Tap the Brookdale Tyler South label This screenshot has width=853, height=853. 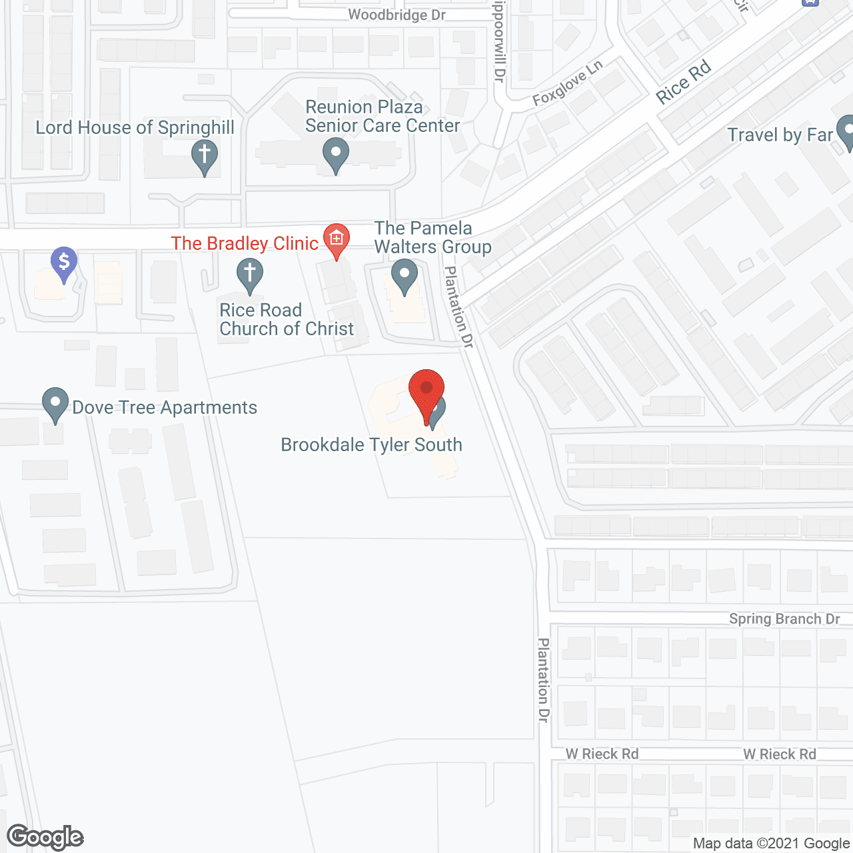371,444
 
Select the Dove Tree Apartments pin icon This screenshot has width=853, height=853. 55,404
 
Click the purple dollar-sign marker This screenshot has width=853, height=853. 64,263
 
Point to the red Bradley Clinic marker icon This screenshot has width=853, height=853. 337,239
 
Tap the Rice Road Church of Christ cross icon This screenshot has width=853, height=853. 250,275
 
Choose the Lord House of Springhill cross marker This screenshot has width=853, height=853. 205,156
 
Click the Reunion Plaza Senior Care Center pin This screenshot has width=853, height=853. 336,154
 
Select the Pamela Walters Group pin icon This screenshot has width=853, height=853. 404,275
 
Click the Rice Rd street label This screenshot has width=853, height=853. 684,83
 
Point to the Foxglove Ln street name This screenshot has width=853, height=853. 568,83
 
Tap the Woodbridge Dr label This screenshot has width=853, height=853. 397,15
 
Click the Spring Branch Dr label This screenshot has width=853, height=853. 784,619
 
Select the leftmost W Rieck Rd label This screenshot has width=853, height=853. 602,754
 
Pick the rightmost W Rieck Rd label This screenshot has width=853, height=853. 780,754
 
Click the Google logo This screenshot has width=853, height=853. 45,837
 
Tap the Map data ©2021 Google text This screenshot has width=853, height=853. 771,844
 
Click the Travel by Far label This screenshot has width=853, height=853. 780,135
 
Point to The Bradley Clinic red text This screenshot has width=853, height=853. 245,243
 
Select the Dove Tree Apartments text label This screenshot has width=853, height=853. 165,407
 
